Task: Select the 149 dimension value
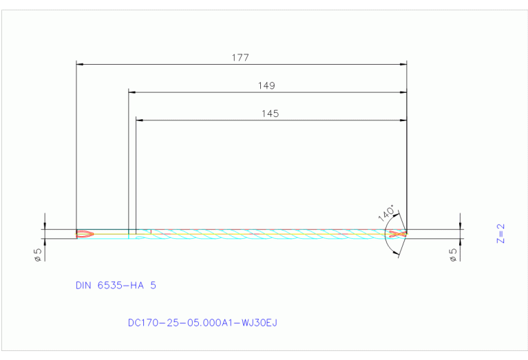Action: (x=266, y=86)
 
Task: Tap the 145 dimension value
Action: (x=270, y=114)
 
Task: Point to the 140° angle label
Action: (x=387, y=212)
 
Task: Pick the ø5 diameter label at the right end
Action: (x=452, y=254)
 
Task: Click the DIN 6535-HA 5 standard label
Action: (x=115, y=284)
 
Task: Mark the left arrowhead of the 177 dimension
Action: (x=79, y=64)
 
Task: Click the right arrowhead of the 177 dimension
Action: (x=403, y=64)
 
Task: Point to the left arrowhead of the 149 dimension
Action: (x=132, y=92)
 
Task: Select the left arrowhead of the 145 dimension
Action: (x=139, y=120)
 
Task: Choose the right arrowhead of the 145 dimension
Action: (x=403, y=120)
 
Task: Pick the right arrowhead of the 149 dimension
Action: (x=403, y=92)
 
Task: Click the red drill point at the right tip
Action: (x=397, y=234)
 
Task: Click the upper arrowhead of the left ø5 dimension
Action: (x=45, y=226)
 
